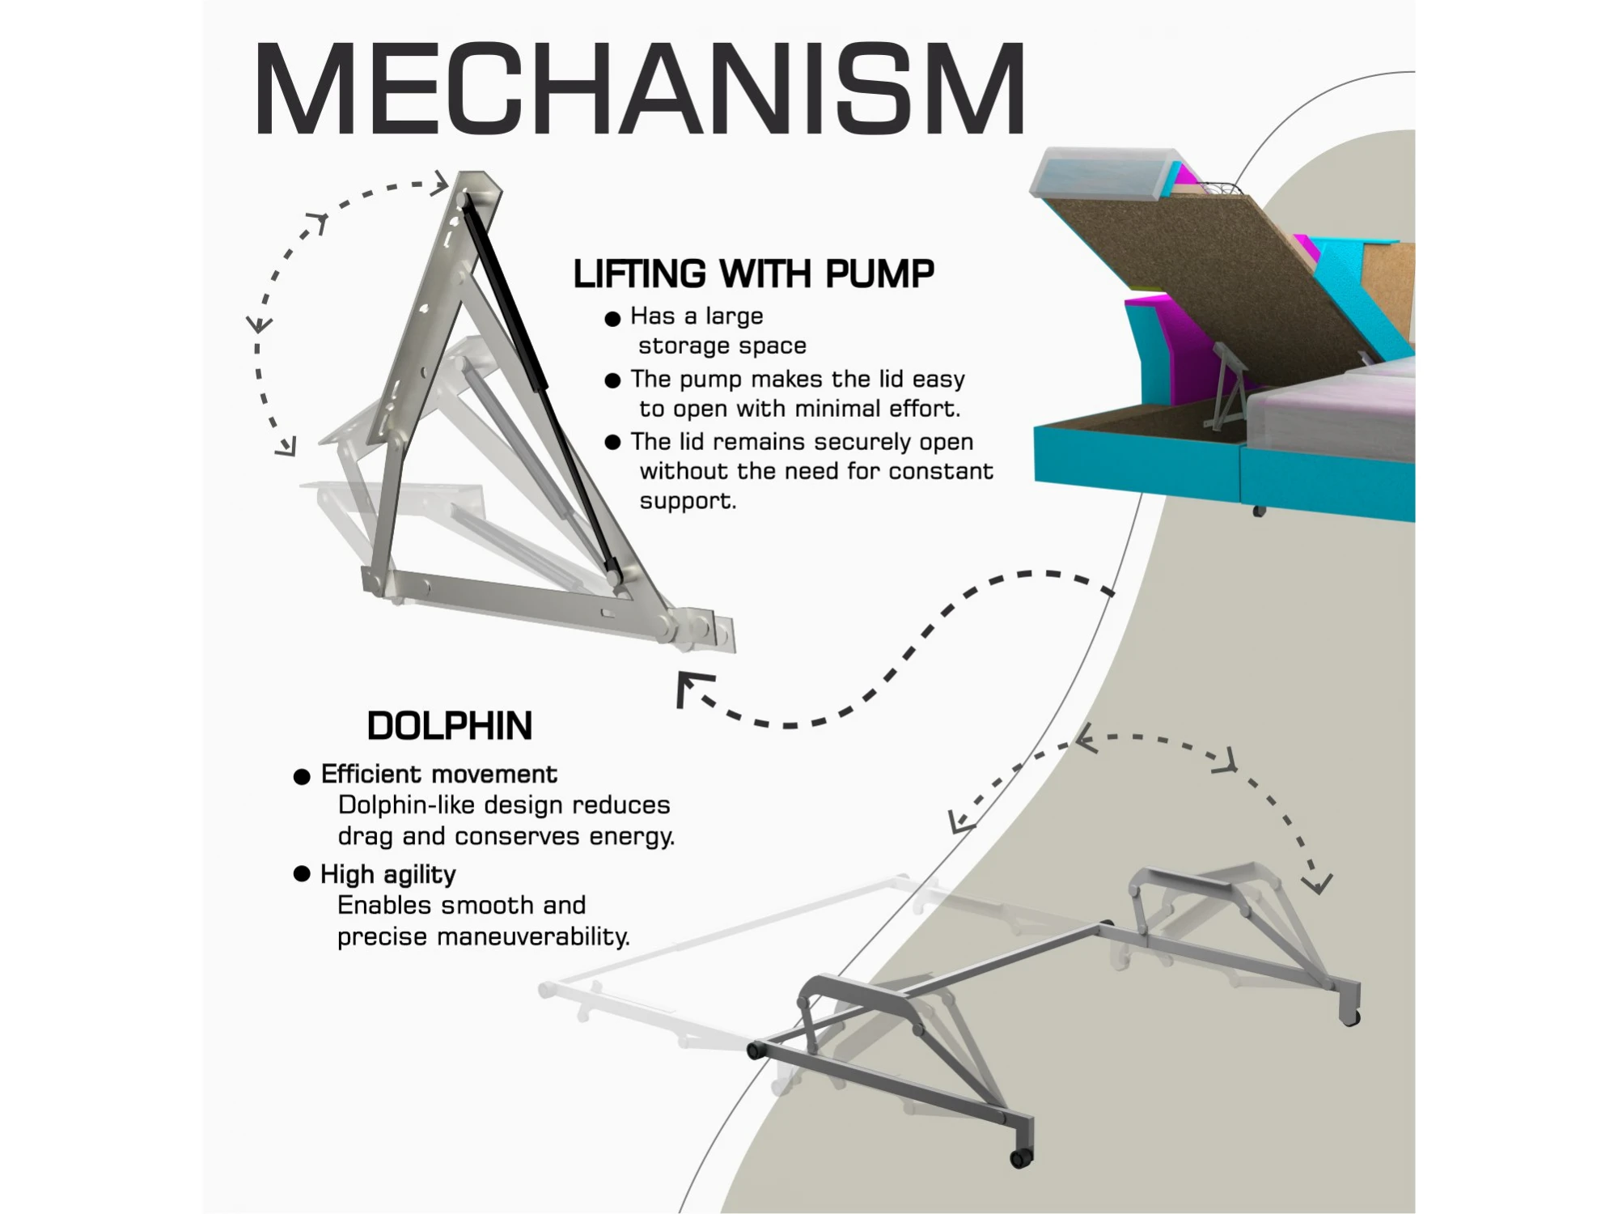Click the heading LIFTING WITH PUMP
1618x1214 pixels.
click(753, 274)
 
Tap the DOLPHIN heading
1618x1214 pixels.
click(450, 726)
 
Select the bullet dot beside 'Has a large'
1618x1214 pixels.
click(612, 318)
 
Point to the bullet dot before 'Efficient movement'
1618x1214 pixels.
click(302, 777)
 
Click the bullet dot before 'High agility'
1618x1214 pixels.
click(302, 874)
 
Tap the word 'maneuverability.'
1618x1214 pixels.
click(533, 937)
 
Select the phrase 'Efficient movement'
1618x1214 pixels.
click(439, 775)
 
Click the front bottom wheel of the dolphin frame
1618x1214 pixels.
click(1021, 1158)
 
